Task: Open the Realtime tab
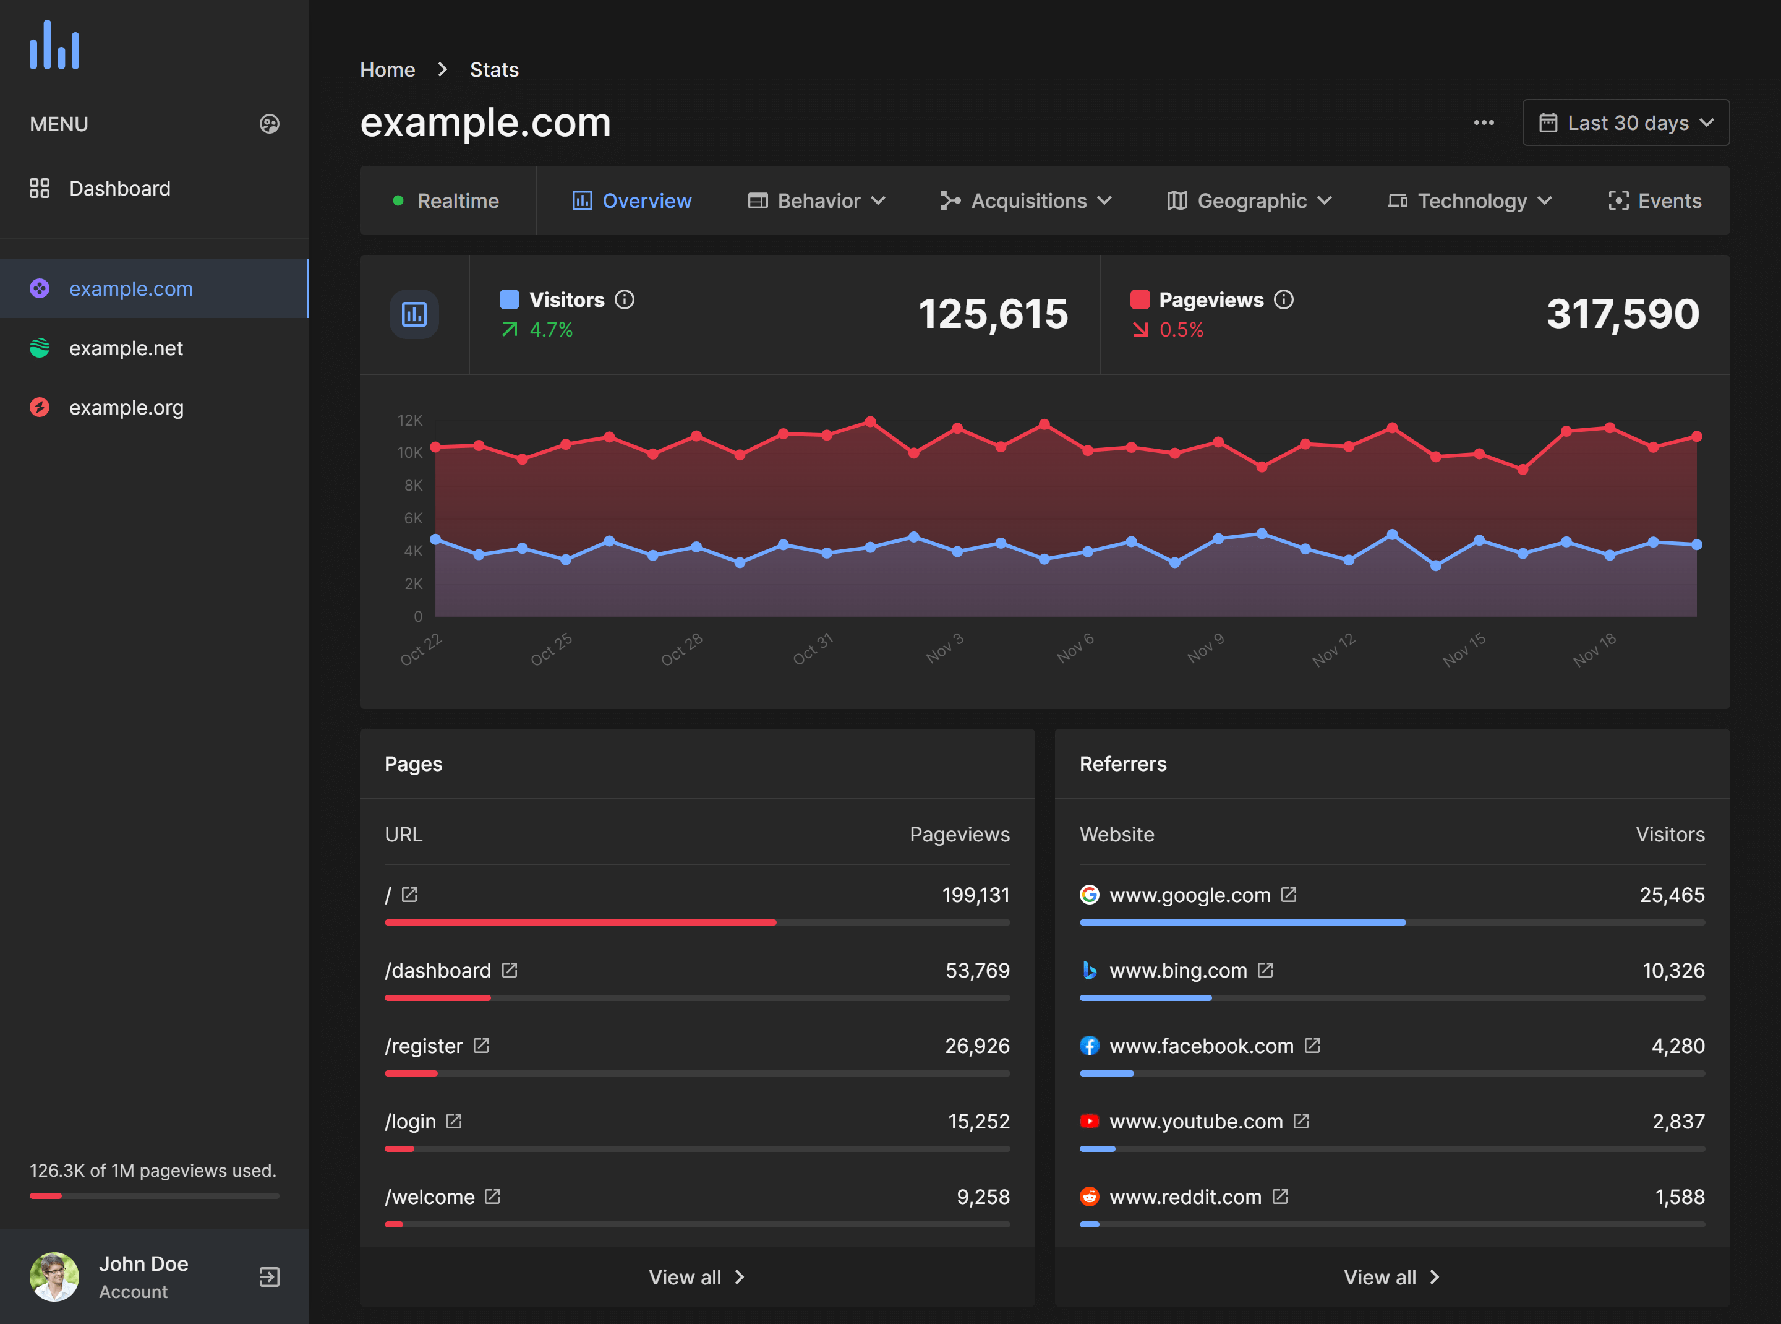447,200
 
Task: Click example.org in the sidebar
126,407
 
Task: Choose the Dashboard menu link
119,188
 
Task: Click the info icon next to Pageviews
1283,299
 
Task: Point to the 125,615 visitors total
992,314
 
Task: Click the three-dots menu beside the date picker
1483,123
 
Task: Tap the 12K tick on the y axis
409,420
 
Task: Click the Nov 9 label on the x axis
1206,648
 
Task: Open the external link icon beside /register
480,1045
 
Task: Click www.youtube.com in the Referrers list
1195,1121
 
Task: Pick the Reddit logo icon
1089,1197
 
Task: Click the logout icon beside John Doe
269,1277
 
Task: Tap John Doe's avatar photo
54,1277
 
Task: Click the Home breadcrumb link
387,70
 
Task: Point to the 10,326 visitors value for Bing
1673,971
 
